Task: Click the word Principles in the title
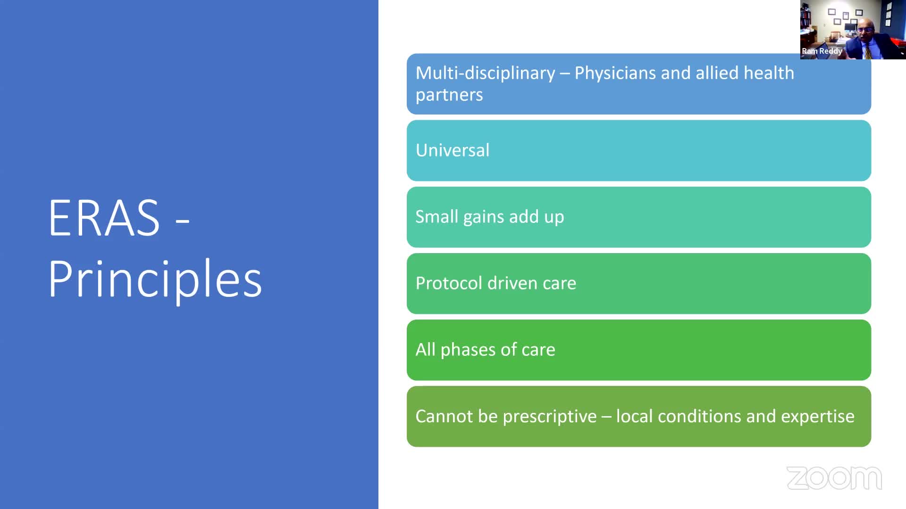[x=155, y=279]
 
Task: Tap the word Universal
[x=453, y=150]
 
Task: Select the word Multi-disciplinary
[x=485, y=74]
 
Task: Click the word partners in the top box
[x=449, y=95]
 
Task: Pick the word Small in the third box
[x=436, y=216]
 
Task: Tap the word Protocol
[x=449, y=283]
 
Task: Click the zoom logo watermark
[x=834, y=478]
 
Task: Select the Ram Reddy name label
[x=822, y=51]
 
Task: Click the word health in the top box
[x=769, y=73]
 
